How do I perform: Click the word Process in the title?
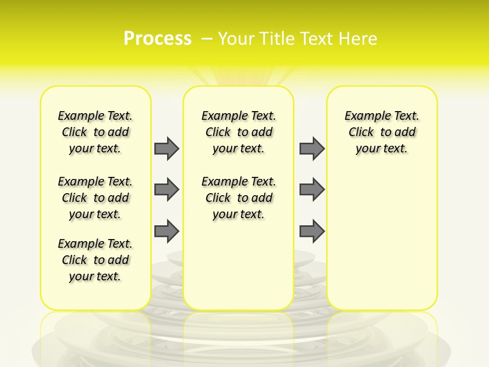[x=157, y=39]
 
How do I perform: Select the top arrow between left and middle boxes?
[x=167, y=148]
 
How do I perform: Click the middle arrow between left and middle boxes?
[x=167, y=190]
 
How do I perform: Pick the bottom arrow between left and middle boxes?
[x=167, y=231]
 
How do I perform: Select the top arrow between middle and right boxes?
[x=312, y=148]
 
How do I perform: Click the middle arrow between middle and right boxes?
[x=312, y=190]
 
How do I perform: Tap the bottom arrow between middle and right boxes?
[x=312, y=231]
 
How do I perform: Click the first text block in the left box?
[x=95, y=132]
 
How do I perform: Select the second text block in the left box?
[x=95, y=198]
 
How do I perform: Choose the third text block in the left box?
[x=95, y=260]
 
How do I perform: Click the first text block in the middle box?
[x=238, y=132]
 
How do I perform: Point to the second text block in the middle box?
[x=238, y=198]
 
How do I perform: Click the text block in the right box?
[x=382, y=132]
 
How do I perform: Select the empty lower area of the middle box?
[x=238, y=265]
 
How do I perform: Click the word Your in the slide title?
[x=236, y=39]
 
